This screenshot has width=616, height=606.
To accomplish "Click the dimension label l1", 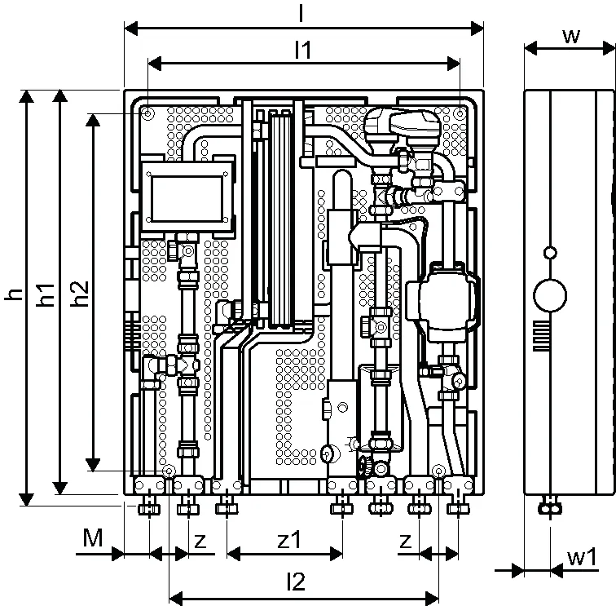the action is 303,50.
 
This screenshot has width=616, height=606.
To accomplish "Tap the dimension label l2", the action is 296,582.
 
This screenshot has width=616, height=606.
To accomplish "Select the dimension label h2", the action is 81,294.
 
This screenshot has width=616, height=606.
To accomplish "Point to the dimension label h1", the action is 46,294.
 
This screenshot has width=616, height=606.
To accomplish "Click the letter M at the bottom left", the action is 93,537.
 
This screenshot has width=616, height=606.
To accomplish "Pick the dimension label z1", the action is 288,540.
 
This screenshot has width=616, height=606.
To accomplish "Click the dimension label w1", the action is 582,557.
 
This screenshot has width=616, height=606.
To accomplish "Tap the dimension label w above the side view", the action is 571,37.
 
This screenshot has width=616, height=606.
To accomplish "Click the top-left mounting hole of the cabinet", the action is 148,113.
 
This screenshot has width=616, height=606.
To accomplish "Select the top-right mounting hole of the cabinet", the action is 460,113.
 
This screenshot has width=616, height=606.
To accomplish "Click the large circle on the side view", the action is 550,296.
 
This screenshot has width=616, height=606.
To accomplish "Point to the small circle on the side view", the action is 550,253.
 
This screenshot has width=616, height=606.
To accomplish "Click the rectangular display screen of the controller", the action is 187,198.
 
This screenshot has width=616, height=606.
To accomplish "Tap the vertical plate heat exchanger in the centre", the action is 281,219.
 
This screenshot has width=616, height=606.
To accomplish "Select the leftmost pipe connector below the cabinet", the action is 149,506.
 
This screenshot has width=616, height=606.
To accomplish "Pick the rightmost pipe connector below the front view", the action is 458,506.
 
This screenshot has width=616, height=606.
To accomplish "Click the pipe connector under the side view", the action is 550,506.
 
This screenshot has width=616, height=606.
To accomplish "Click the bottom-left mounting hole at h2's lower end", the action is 169,471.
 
